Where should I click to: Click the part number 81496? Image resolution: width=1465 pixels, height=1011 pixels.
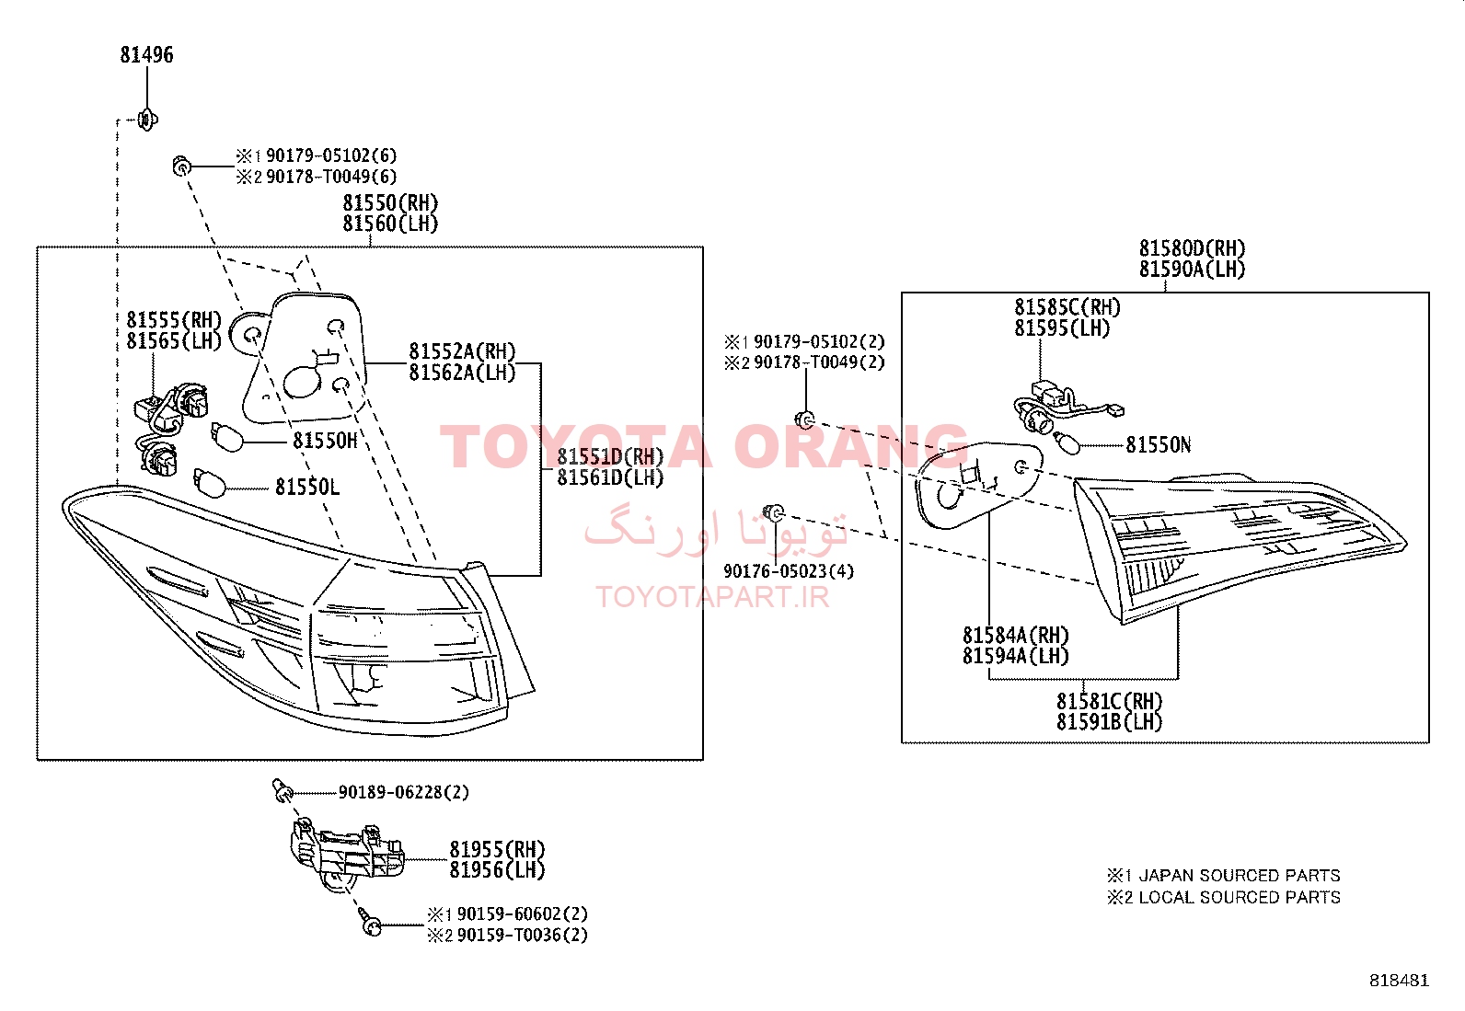tap(146, 54)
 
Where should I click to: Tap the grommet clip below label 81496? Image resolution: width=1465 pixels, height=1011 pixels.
tap(148, 120)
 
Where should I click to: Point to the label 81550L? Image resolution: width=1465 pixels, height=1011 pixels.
tap(307, 487)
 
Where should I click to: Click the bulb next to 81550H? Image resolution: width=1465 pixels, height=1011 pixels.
tap(227, 436)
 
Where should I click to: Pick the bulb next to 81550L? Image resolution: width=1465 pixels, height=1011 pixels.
tap(209, 482)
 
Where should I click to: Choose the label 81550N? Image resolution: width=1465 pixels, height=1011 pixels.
tap(1159, 444)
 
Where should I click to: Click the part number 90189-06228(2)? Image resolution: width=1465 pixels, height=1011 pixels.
tap(404, 792)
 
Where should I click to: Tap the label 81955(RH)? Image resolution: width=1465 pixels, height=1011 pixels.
tap(497, 849)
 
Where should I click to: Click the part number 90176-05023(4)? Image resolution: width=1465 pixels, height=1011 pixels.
tap(789, 571)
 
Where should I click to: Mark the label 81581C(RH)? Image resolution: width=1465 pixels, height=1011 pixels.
tap(1110, 701)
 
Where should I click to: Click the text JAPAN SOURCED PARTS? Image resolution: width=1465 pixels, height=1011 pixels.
tap(1240, 875)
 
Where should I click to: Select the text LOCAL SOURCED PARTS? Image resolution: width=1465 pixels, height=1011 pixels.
tap(1240, 897)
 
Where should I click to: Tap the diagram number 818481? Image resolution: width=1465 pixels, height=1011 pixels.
tap(1400, 981)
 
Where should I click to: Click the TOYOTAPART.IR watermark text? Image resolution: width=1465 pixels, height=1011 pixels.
tap(712, 597)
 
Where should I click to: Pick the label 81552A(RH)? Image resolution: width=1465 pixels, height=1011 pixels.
tap(462, 351)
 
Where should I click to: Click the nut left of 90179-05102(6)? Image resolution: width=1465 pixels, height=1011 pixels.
tap(181, 167)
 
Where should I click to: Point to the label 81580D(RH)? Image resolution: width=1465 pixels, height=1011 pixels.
tap(1193, 247)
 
